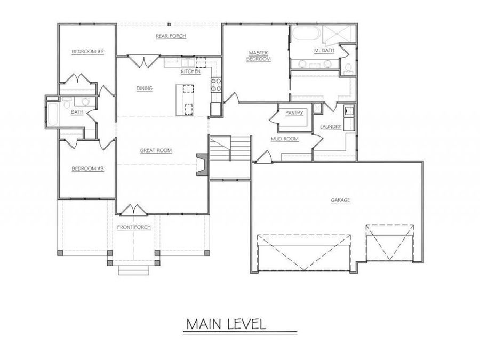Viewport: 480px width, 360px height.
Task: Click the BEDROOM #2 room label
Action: click(87, 52)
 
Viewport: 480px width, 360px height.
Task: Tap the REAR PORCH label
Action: click(167, 36)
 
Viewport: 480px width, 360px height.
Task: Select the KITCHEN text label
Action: click(190, 71)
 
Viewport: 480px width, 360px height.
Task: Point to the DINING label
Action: click(145, 89)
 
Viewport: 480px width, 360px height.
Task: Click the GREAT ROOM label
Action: click(156, 150)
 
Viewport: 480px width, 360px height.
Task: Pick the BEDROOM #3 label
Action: click(87, 169)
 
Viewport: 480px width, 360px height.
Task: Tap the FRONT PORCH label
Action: click(134, 227)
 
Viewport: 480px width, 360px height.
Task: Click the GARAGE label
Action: click(340, 200)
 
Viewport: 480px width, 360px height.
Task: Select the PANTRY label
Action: click(294, 113)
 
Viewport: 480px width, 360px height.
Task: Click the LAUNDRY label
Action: click(331, 127)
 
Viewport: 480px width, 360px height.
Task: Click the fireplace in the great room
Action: click(202, 164)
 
